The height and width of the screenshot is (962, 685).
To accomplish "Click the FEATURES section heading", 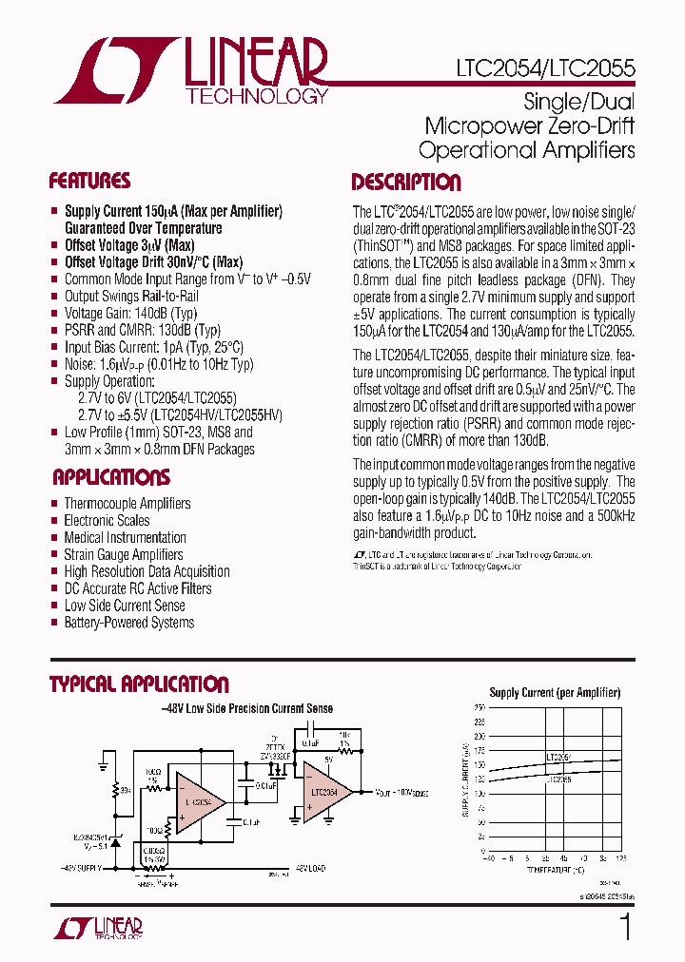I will pos(89,181).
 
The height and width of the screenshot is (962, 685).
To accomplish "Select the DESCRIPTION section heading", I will pos(406,183).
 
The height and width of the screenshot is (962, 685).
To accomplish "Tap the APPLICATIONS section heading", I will pos(111,477).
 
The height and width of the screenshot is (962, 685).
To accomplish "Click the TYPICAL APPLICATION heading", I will pos(139,684).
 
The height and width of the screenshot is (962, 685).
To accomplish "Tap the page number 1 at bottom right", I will pos(625,927).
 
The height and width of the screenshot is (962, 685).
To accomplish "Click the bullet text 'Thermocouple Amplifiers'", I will pos(127,503).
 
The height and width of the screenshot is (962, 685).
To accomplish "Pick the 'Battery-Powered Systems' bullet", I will pos(129,623).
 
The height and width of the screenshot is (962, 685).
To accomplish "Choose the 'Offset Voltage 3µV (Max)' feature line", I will pos(129,245).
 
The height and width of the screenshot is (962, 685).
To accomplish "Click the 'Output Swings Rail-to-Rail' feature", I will pos(131,297).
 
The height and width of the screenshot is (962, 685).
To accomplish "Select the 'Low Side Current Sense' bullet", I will pos(125,606).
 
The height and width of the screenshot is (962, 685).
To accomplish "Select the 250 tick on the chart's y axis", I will pos(479,707).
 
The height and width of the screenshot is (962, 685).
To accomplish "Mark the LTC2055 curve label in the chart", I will pos(559,779).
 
